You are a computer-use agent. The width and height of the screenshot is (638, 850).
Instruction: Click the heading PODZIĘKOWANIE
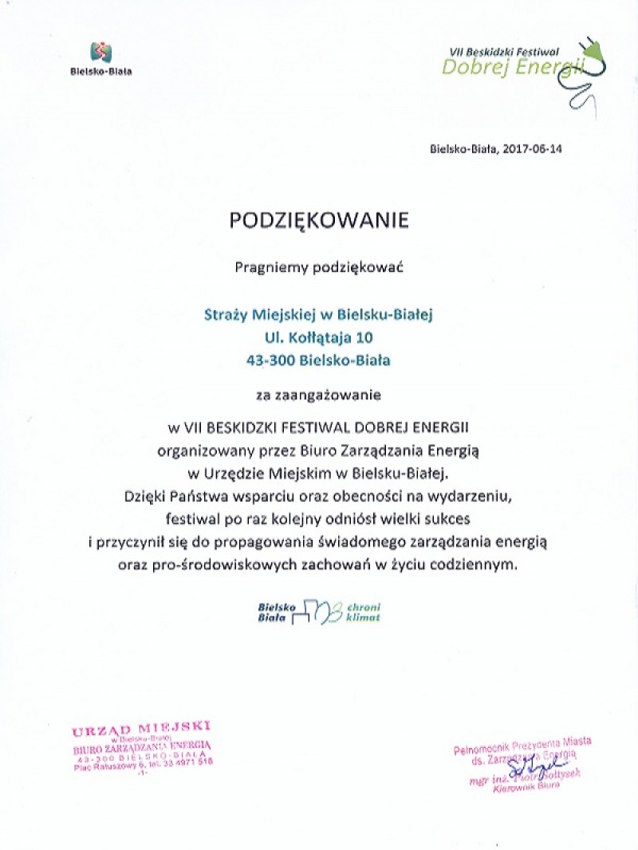click(319, 221)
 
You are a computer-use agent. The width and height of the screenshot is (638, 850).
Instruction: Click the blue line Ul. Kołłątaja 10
click(319, 336)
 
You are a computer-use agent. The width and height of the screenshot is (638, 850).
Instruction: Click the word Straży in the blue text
click(226, 313)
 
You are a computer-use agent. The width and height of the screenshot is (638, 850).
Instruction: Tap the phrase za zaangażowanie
click(319, 394)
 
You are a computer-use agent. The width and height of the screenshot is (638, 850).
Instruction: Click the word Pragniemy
click(266, 268)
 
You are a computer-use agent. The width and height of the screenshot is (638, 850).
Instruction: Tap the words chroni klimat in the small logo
click(364, 612)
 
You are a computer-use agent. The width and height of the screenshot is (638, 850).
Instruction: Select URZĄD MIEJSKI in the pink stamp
click(141, 729)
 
